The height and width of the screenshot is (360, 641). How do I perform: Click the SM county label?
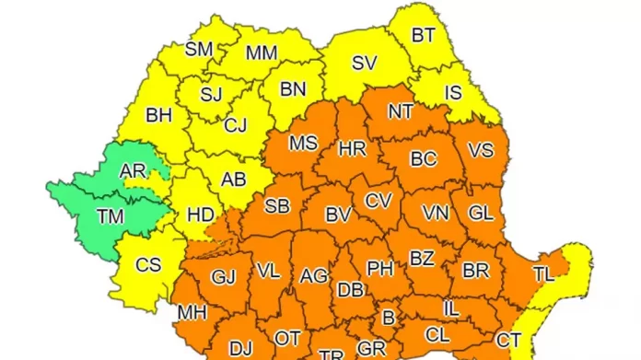tap(200, 50)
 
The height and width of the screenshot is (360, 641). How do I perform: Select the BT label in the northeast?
tap(424, 36)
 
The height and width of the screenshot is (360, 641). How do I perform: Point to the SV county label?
tap(365, 64)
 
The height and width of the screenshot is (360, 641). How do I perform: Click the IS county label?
tap(452, 92)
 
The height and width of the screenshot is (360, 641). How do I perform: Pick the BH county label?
tap(159, 116)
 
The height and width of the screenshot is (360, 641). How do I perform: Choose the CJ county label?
tap(235, 124)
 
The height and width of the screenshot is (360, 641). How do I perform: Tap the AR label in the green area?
tap(134, 170)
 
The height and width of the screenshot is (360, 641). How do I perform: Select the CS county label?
tap(148, 265)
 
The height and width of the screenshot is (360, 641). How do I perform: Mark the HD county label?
tap(201, 215)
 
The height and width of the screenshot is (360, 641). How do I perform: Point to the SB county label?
tap(277, 206)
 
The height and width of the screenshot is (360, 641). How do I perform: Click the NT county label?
tap(401, 111)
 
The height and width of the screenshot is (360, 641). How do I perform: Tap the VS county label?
tap(481, 150)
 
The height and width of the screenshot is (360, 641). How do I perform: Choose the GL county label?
tap(481, 213)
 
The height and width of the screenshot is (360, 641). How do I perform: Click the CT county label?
tap(509, 340)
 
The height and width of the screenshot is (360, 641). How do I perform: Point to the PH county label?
tap(379, 269)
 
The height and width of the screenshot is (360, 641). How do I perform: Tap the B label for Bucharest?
tap(389, 318)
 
